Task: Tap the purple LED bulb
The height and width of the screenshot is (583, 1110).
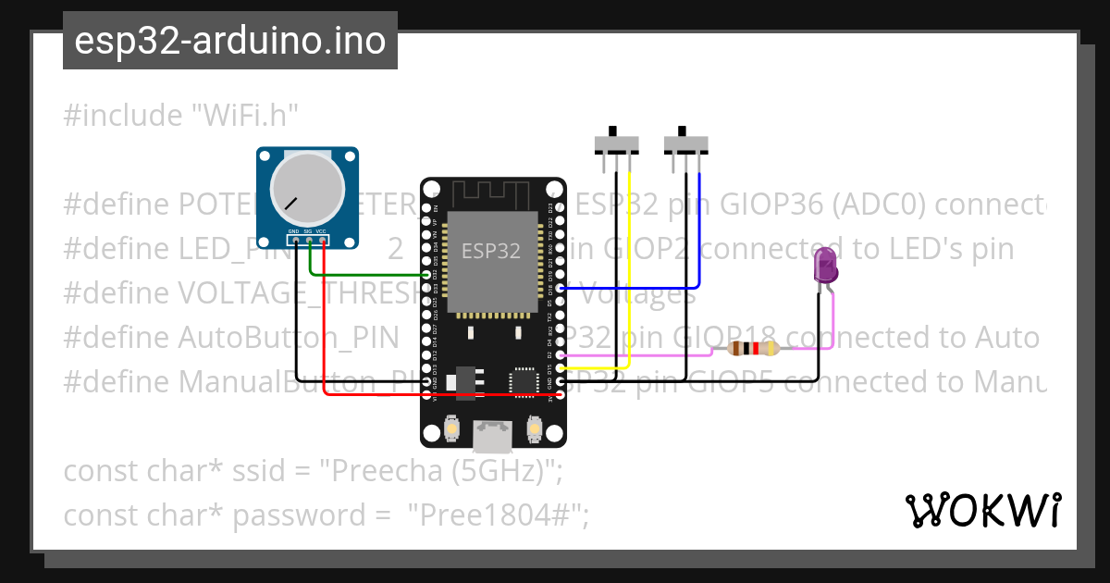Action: [x=824, y=267]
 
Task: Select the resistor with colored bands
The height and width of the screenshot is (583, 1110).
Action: [x=754, y=349]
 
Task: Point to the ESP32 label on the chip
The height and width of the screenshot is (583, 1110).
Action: [x=490, y=250]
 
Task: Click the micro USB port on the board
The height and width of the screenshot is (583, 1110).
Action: [x=491, y=435]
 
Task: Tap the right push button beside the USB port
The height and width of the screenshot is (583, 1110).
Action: [x=533, y=429]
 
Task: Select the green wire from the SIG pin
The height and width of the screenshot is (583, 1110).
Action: [x=370, y=275]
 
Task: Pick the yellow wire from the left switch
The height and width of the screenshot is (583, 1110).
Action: [x=629, y=278]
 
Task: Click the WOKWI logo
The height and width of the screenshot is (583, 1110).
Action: [x=982, y=510]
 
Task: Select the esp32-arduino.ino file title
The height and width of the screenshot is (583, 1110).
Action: [x=229, y=41]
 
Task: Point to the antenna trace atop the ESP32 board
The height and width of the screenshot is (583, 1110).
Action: [x=491, y=195]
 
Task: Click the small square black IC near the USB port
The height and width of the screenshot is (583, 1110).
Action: [x=524, y=381]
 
